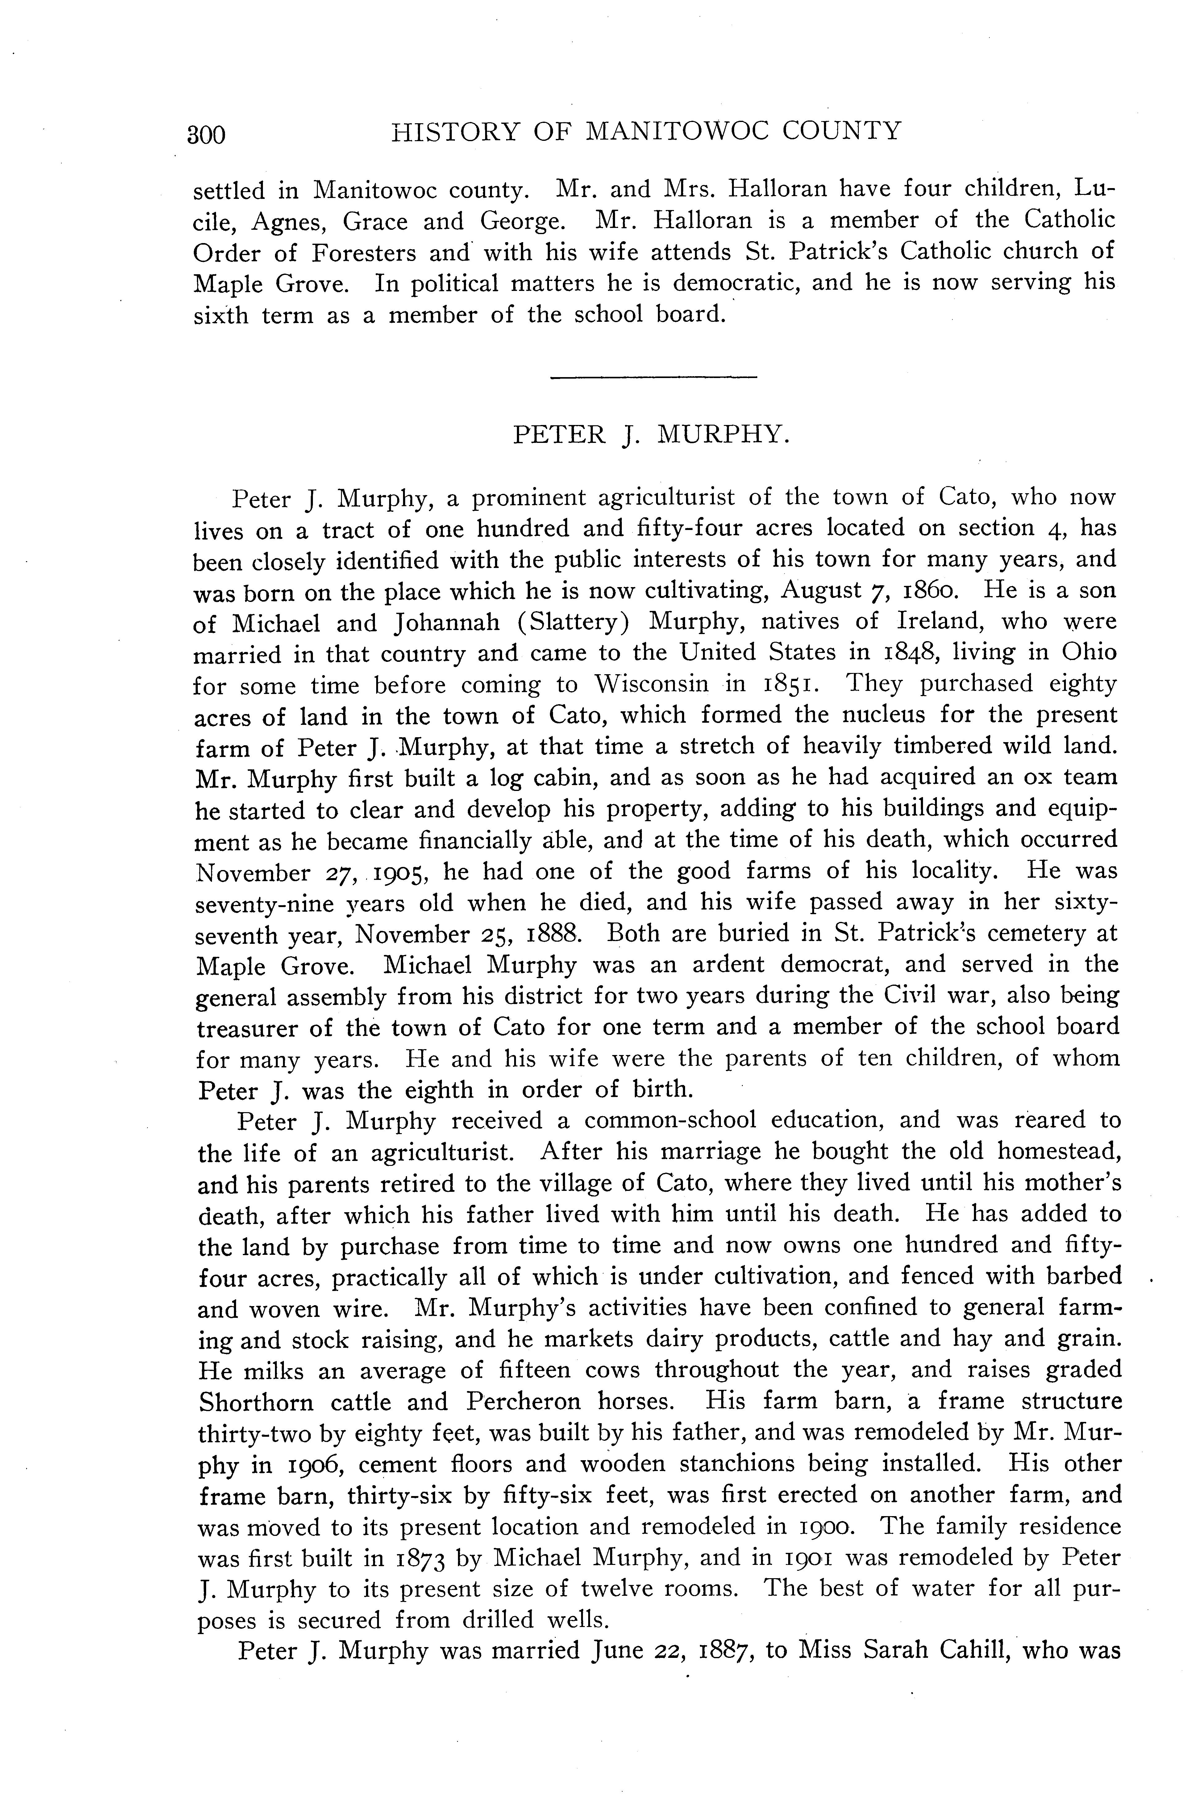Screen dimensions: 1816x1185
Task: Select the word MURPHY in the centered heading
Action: [722, 435]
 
